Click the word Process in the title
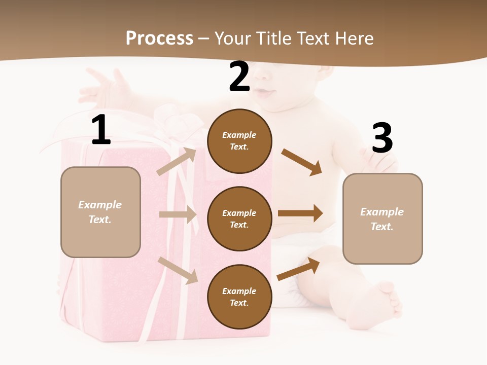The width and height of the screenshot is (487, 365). click(x=159, y=39)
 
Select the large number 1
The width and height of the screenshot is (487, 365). click(x=101, y=130)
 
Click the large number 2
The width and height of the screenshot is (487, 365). click(x=239, y=77)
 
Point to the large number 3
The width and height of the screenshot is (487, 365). click(x=382, y=138)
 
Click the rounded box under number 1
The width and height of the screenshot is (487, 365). click(x=100, y=212)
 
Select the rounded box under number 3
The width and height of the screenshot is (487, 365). click(x=382, y=219)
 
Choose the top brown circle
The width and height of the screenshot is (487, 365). click(x=239, y=141)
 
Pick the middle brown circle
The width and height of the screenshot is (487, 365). click(x=239, y=219)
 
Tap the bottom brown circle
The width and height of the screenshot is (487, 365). click(x=239, y=297)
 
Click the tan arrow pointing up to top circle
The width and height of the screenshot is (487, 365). click(x=177, y=161)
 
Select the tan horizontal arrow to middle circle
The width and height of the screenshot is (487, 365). click(x=178, y=214)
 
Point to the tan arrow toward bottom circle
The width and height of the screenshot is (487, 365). click(x=178, y=270)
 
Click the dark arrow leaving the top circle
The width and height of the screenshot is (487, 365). click(x=301, y=162)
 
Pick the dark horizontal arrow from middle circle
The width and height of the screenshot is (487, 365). click(x=300, y=213)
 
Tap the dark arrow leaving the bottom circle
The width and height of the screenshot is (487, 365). click(x=298, y=269)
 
